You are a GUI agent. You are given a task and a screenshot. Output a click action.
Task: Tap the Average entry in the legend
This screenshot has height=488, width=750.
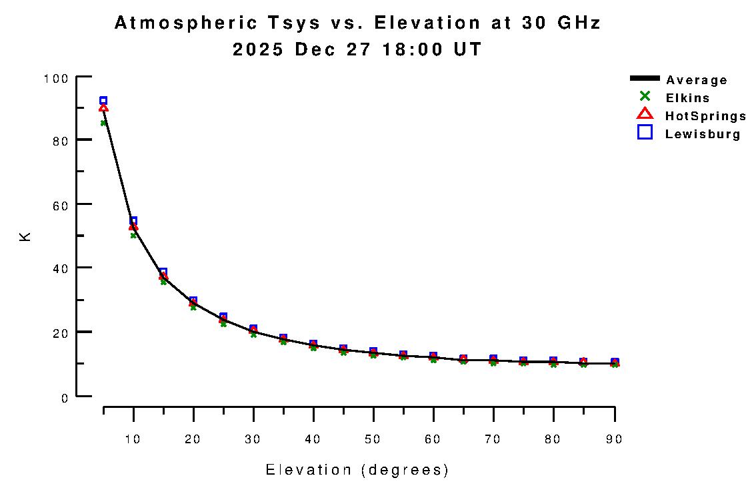click(x=697, y=80)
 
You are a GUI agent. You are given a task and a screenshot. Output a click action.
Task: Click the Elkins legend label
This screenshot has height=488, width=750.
click(x=687, y=98)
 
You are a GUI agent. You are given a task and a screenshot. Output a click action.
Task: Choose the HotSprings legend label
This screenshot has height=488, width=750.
click(x=705, y=116)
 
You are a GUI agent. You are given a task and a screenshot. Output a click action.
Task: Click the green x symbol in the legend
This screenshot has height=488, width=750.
click(x=645, y=97)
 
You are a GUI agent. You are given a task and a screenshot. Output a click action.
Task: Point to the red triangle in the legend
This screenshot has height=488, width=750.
click(x=645, y=114)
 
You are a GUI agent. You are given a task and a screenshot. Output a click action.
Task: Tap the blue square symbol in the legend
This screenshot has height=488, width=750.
click(x=645, y=132)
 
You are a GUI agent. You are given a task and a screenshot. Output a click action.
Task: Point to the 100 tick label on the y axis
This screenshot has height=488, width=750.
click(x=56, y=78)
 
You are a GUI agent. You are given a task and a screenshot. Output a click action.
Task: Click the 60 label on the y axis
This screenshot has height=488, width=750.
click(x=60, y=206)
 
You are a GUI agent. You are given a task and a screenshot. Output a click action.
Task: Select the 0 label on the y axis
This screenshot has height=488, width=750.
click(x=65, y=399)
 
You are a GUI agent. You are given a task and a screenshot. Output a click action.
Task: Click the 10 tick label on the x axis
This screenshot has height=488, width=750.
click(x=133, y=439)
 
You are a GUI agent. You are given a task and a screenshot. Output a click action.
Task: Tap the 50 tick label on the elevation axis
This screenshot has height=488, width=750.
click(x=373, y=439)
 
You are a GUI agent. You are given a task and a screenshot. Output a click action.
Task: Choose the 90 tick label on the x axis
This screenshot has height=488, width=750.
click(x=614, y=439)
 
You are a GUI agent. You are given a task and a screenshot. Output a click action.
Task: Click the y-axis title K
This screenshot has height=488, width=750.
click(x=25, y=236)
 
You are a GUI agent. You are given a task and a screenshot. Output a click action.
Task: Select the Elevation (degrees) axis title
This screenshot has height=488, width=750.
click(x=357, y=470)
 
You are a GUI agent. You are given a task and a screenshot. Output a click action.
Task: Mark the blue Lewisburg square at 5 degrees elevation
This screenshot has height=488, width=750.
click(x=103, y=101)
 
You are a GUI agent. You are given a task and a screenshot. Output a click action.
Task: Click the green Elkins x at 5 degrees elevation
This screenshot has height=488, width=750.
click(x=103, y=123)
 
